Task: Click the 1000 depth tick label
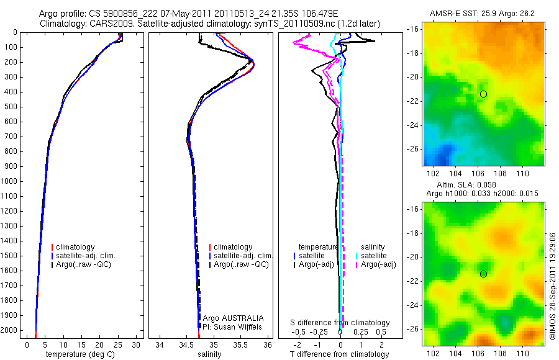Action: click(x=9, y=181)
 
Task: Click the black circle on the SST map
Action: click(x=483, y=94)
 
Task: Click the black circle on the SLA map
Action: click(x=483, y=274)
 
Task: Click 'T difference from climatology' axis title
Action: click(x=340, y=354)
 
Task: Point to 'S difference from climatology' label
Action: click(x=340, y=323)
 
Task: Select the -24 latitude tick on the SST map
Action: click(x=412, y=125)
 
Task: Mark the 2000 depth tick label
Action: click(x=9, y=330)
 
